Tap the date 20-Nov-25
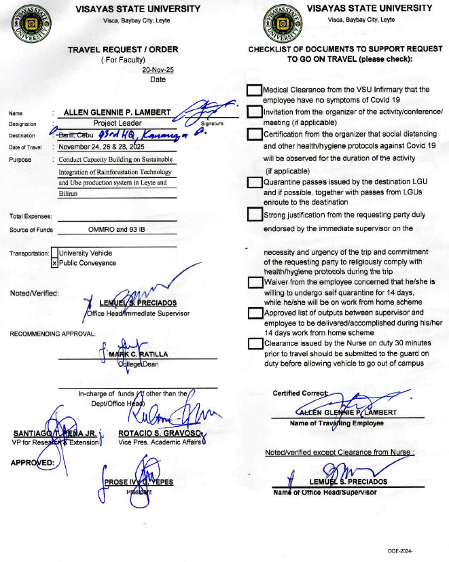coord(158,70)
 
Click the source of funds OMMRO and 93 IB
coord(118,230)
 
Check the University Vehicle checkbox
coord(54,253)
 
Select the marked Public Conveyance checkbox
coord(54,263)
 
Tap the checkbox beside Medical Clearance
coord(254,90)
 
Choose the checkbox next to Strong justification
coord(254,215)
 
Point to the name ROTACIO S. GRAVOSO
coord(159,433)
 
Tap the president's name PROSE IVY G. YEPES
coord(139,482)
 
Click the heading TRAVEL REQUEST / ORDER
coord(123,50)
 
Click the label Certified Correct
coord(300,393)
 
